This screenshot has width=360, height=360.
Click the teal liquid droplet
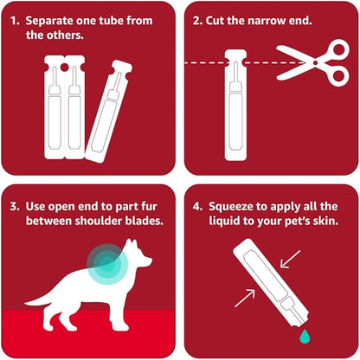tap(305, 337)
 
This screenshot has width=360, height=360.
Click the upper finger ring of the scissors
tap(340, 50)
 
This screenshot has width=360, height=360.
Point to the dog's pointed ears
tap(132, 244)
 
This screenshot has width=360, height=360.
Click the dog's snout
tap(148, 261)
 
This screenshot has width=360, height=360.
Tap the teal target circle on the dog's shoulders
tap(107, 264)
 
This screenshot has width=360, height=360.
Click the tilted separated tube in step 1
tap(108, 111)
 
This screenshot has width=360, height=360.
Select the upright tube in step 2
tap(235, 105)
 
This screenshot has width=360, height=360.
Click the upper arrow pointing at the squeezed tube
tap(290, 260)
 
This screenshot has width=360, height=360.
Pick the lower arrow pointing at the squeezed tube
tap(245, 299)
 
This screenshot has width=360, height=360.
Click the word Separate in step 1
tap(48, 21)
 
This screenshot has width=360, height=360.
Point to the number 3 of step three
tap(14, 207)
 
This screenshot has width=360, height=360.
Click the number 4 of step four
tap(196, 207)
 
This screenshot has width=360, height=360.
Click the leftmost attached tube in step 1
tap(54, 107)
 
